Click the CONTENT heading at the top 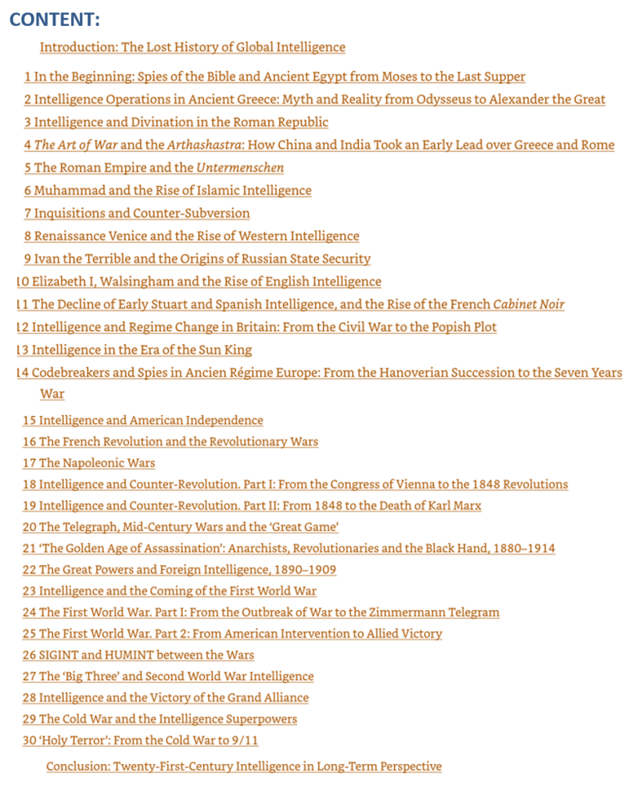pos(55,20)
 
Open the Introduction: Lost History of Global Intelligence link pos(192,47)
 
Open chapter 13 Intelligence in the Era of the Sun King pos(134,350)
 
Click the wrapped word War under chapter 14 pos(52,393)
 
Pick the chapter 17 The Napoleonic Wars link pos(89,463)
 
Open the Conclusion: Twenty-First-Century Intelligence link pos(244,766)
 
